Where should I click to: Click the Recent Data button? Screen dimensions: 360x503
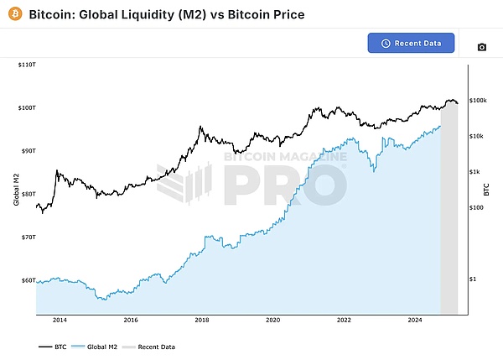tap(411, 43)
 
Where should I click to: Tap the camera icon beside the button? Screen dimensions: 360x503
tap(481, 47)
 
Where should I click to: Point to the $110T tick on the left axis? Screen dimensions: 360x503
tap(26, 65)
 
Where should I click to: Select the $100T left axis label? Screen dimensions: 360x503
tap(26, 107)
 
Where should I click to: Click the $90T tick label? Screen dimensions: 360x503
tap(28, 151)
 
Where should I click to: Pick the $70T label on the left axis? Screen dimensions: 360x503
tap(28, 237)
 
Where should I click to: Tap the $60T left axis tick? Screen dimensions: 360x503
tap(28, 280)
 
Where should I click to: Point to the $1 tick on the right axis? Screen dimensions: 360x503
tap(473, 279)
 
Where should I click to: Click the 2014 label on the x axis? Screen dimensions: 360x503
tap(60, 320)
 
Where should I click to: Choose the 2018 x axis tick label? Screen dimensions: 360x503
tap(202, 320)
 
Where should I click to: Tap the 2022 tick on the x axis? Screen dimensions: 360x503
tap(344, 320)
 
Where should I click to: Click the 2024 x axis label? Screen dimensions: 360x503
tap(415, 320)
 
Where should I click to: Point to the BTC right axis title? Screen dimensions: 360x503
tap(487, 190)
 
